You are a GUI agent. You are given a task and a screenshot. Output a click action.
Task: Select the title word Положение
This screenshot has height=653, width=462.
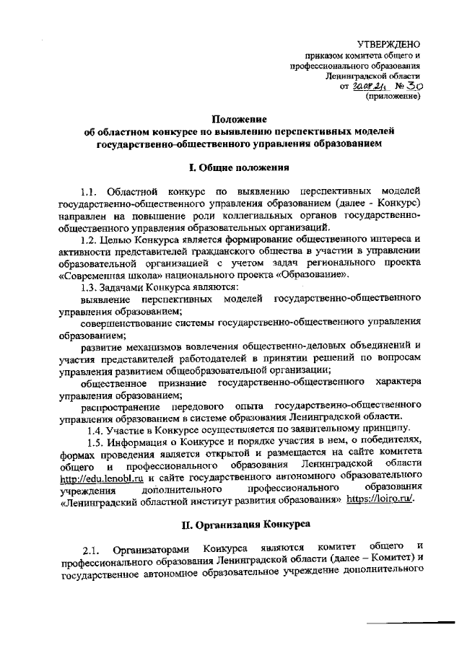[239, 119]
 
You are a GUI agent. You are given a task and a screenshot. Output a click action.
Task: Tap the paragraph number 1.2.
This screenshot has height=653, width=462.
[90, 238]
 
